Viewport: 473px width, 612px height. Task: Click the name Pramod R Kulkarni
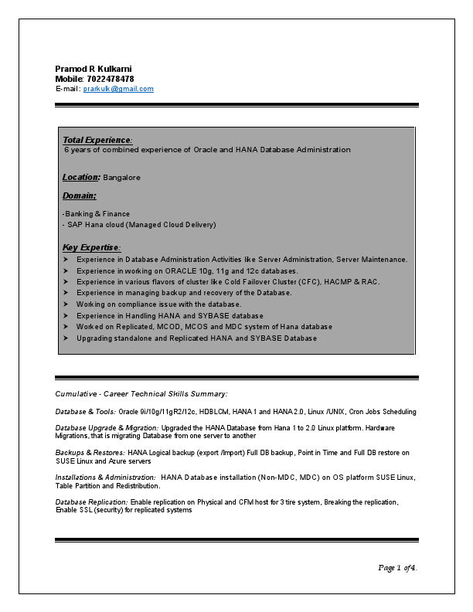tap(94, 69)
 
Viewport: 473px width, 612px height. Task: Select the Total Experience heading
tap(97, 140)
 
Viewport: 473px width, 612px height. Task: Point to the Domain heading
tap(79, 196)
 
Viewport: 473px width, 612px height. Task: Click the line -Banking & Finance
tap(96, 214)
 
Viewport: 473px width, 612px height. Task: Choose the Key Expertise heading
tap(91, 247)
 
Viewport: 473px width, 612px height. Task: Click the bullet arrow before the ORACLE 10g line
tap(66, 271)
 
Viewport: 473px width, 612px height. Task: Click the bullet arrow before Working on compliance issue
tap(66, 304)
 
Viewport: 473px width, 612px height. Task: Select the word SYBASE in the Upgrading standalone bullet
tap(267, 338)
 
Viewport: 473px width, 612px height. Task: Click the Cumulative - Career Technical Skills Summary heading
tap(141, 394)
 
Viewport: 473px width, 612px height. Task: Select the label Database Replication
tap(92, 502)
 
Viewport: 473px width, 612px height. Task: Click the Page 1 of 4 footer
tap(397, 568)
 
